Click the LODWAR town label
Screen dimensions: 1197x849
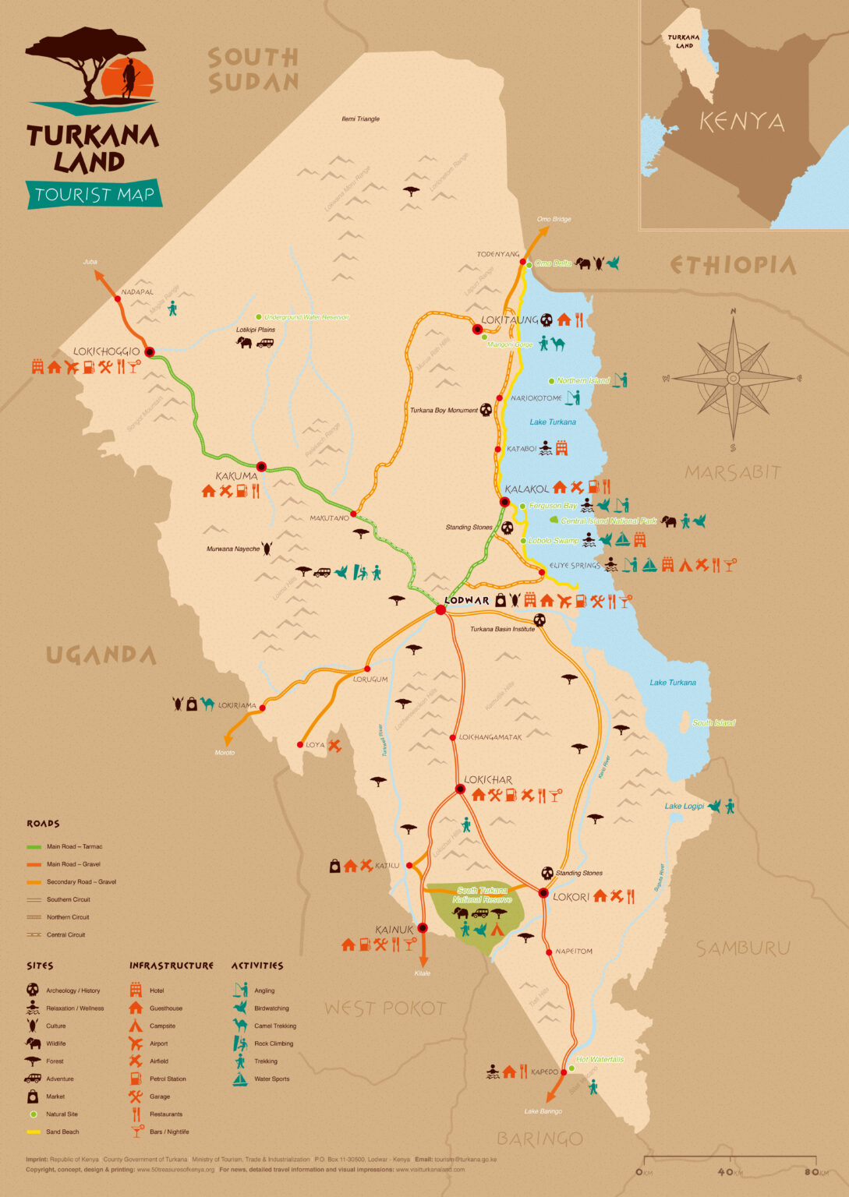465,601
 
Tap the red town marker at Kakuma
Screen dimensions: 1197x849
261,467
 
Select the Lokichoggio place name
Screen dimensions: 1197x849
107,351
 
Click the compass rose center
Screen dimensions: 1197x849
733,379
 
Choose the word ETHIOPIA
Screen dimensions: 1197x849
733,266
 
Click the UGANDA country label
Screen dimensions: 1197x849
101,655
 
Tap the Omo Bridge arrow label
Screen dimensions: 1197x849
554,219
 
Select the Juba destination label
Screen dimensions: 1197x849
90,262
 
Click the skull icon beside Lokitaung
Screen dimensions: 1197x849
547,320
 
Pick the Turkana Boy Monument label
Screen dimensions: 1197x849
444,410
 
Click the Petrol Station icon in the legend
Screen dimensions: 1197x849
136,1079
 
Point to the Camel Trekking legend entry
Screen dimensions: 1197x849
274,1026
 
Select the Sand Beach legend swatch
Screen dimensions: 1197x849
33,1132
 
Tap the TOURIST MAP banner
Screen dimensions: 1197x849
94,194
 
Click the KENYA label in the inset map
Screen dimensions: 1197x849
741,122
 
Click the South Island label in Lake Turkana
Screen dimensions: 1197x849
713,723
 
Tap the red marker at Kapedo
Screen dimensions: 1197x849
563,1072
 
